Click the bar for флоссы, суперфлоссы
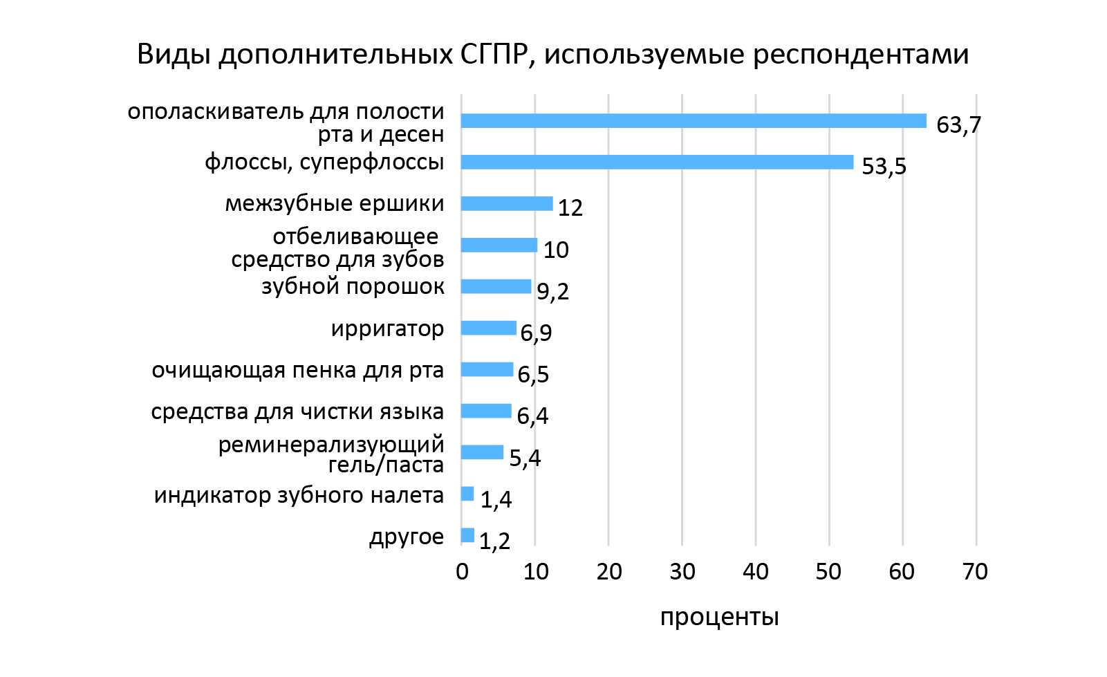coord(657,163)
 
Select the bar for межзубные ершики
coord(507,204)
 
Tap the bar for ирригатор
coord(488,328)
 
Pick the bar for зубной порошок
coord(496,286)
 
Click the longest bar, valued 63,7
coord(694,121)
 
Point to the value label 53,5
coord(884,167)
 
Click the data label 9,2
coord(552,291)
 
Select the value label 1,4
coord(496,499)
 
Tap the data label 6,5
coord(533,375)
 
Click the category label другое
coord(407,537)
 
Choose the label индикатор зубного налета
coord(299,496)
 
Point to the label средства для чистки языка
coord(297,412)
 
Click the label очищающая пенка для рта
coord(297,371)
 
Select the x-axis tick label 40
coord(755,572)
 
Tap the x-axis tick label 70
coord(975,572)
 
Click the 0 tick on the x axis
coord(462,572)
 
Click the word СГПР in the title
coord(493,55)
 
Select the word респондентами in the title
coord(861,55)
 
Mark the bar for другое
coord(467,535)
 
